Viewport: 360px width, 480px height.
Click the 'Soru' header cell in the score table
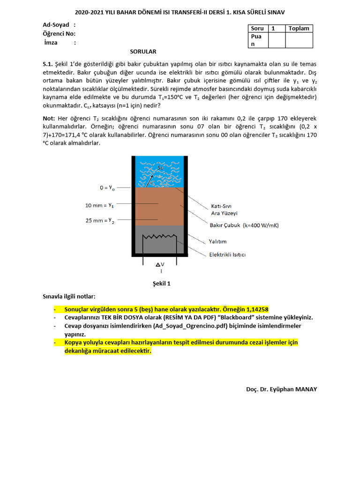click(257, 29)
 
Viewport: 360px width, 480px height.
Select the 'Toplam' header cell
click(299, 29)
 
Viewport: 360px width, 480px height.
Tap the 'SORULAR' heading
click(143, 52)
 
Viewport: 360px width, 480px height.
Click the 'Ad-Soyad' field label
click(56, 25)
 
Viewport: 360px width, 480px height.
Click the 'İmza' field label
click(51, 43)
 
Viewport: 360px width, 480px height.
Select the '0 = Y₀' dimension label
click(106, 187)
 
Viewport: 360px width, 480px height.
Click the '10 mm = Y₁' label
click(99, 205)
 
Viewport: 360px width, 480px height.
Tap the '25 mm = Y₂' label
click(99, 220)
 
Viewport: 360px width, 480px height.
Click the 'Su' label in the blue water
click(161, 167)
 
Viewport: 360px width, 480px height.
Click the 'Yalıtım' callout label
click(217, 241)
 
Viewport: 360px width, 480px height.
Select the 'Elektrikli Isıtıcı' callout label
click(227, 255)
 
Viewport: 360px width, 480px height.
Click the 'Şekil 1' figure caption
click(162, 284)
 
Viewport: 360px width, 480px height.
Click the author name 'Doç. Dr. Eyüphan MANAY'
click(281, 390)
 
